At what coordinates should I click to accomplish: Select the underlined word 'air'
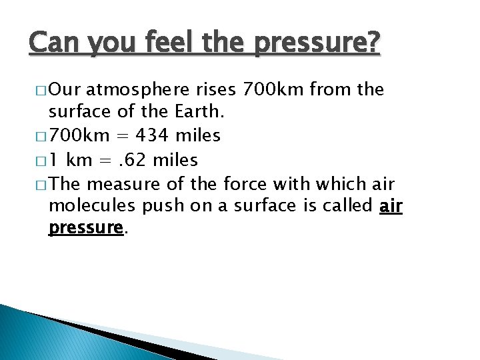(x=391, y=206)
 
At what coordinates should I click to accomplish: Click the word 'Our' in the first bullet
(x=64, y=89)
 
